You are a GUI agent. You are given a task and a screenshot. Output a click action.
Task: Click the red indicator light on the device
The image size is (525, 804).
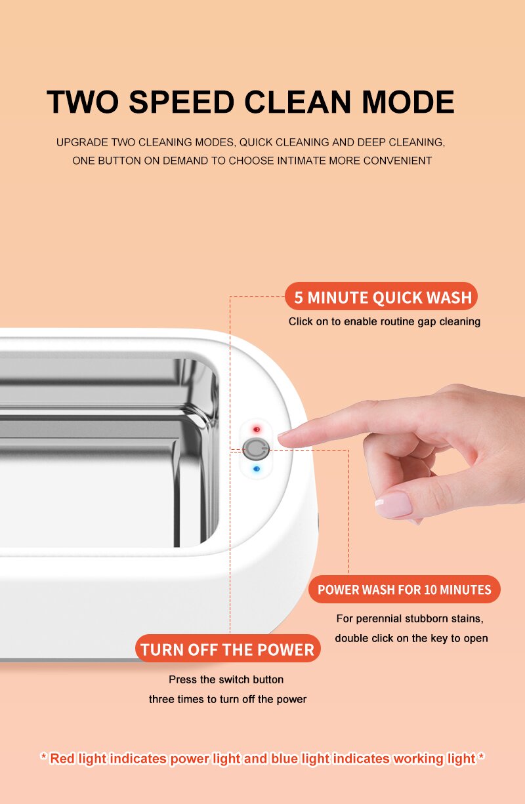click(257, 430)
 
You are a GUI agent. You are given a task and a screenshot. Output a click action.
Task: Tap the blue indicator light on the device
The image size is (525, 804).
click(257, 469)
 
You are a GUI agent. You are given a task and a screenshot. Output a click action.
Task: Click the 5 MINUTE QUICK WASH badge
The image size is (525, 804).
click(381, 296)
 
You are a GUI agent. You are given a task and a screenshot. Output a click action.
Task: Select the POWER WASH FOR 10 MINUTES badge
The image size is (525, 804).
click(404, 590)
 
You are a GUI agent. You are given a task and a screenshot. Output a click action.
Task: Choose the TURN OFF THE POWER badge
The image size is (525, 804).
click(228, 648)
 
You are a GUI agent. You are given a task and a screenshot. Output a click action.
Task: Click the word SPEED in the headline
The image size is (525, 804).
click(181, 102)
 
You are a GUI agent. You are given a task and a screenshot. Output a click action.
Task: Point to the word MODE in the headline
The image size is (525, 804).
click(408, 102)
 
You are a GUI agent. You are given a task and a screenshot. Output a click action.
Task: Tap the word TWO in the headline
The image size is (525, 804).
click(83, 102)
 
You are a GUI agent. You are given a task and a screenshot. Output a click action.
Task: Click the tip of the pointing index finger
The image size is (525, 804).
click(280, 435)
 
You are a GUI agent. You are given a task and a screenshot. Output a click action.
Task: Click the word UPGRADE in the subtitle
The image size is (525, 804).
click(82, 142)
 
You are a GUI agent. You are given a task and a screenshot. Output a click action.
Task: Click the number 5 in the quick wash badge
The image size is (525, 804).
click(299, 298)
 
